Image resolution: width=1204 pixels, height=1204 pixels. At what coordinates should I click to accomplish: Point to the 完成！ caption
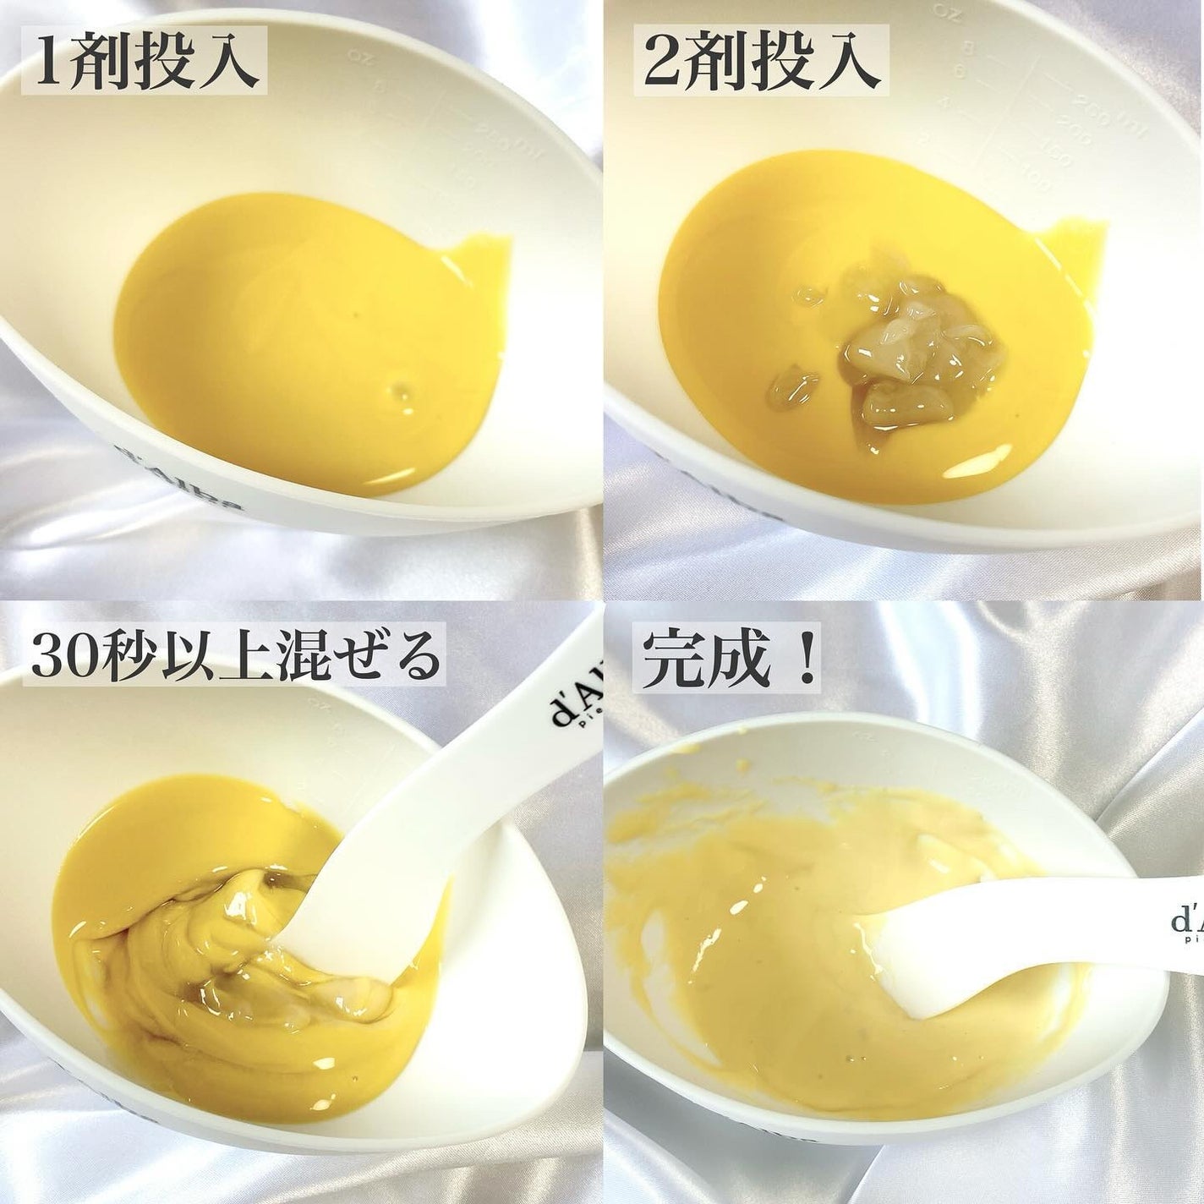click(x=729, y=659)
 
